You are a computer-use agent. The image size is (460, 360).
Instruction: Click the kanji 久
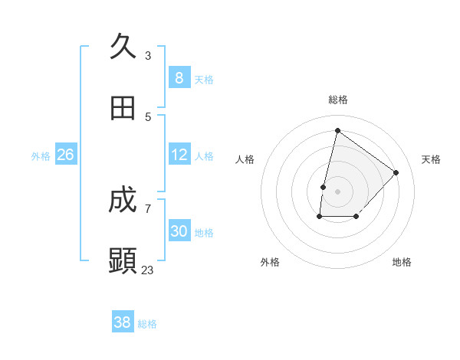pos(123,47)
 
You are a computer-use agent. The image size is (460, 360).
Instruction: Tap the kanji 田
pos(123,108)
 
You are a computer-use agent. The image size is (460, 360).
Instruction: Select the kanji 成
pos(123,201)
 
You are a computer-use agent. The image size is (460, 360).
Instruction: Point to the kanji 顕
pos(123,261)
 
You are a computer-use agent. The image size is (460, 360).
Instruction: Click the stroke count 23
pos(148,270)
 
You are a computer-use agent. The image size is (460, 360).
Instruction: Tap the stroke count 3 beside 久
pos(148,55)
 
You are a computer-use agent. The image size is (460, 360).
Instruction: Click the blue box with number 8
pos(179,77)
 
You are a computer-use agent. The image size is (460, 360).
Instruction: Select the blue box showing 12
pos(179,155)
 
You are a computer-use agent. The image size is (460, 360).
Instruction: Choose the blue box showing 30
pos(179,231)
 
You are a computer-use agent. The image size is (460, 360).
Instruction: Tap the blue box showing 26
pos(65,155)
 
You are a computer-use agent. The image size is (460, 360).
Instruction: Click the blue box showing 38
pos(123,322)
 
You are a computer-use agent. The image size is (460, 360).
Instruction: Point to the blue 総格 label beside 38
pos(147,324)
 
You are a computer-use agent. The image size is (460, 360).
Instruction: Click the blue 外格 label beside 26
pos(41,156)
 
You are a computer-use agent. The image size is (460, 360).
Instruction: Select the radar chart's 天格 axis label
pos(431,159)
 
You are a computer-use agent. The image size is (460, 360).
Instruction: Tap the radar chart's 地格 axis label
pos(402,262)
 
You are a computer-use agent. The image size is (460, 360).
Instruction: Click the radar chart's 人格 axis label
pos(245,159)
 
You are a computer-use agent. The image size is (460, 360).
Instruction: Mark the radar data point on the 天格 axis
pos(396,172)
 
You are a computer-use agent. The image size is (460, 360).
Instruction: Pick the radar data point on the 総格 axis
pos(337,131)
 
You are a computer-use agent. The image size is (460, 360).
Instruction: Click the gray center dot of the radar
pos(337,191)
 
